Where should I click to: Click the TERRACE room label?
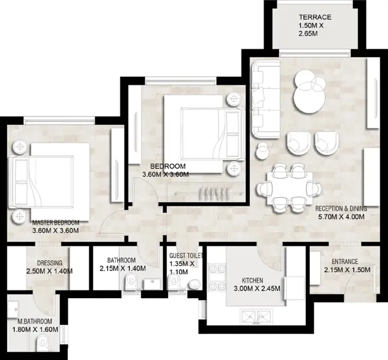[315, 17]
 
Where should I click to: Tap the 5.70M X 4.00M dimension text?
[341, 217]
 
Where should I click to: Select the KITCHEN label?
[252, 280]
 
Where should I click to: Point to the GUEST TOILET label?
[186, 256]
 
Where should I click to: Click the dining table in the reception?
[289, 188]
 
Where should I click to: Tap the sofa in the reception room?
[265, 99]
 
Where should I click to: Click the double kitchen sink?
[256, 317]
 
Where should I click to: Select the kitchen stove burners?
[217, 277]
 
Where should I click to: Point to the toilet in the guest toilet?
[174, 283]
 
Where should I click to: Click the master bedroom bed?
[49, 182]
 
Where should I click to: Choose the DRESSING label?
[50, 263]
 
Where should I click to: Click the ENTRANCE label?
[345, 262]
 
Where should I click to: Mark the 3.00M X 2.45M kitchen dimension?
[257, 289]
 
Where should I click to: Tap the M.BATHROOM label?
[35, 322]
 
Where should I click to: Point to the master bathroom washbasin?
[13, 309]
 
